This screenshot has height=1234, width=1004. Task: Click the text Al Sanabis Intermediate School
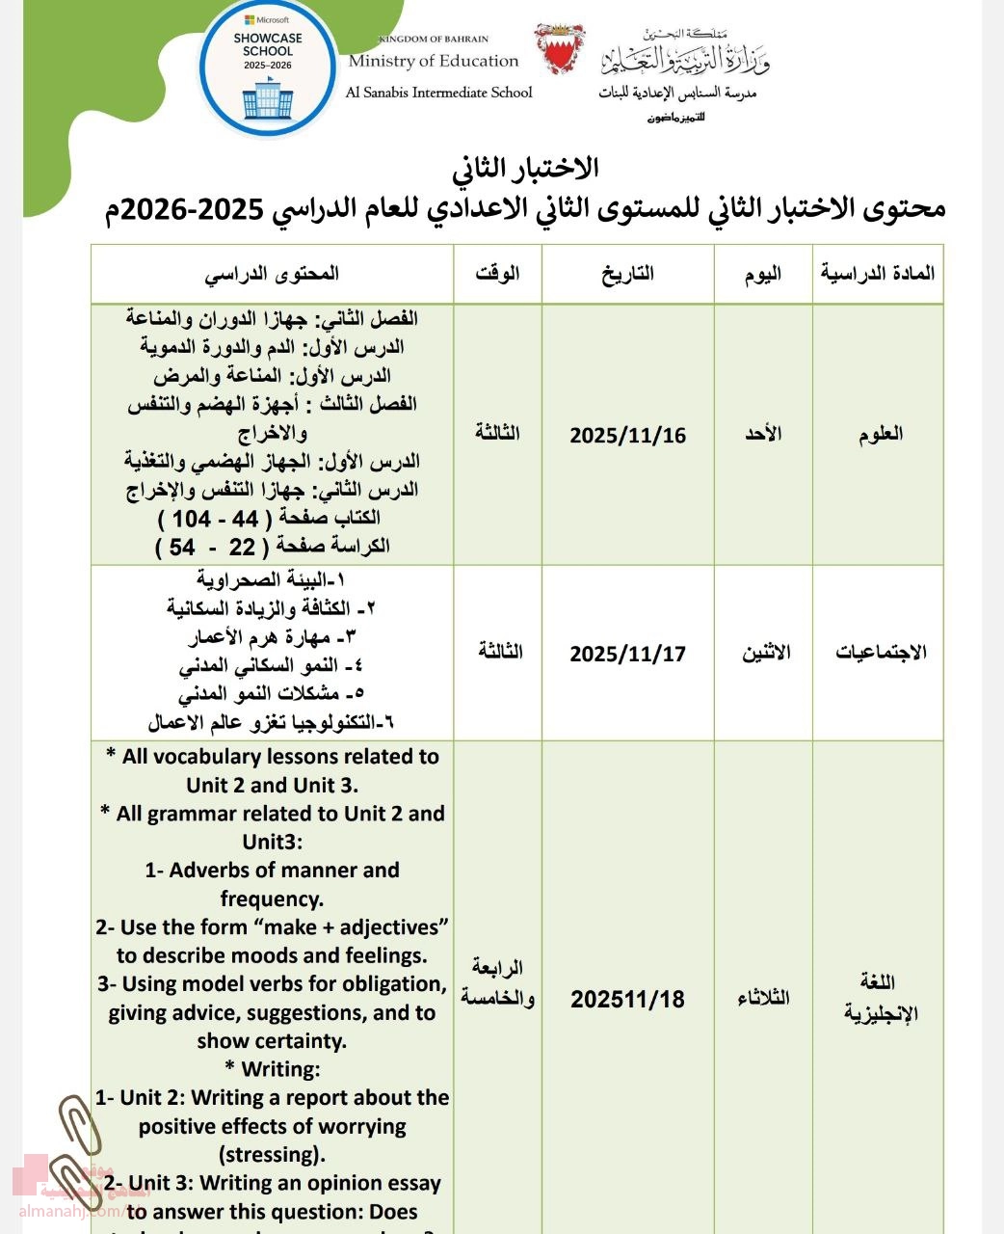[x=438, y=93]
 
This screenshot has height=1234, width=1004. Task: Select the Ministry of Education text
[x=434, y=61]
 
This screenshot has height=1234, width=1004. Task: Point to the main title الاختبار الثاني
[x=526, y=168]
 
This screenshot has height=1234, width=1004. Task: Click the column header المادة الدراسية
[x=877, y=273]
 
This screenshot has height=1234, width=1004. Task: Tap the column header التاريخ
[x=627, y=274]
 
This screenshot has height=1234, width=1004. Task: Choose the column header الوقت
[x=497, y=273]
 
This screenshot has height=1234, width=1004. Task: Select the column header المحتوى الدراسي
[x=272, y=274]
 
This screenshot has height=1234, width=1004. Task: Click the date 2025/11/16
[x=627, y=435]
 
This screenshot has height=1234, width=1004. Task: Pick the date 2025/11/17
[x=627, y=654]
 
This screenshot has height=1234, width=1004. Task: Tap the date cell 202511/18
[x=627, y=999]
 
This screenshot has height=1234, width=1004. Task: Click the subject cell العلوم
[x=880, y=434]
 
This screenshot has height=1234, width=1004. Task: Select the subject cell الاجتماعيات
[x=880, y=653]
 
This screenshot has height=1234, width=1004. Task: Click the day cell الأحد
[x=763, y=434]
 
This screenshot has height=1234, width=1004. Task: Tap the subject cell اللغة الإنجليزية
[x=880, y=998]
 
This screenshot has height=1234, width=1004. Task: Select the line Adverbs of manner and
[x=272, y=871]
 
